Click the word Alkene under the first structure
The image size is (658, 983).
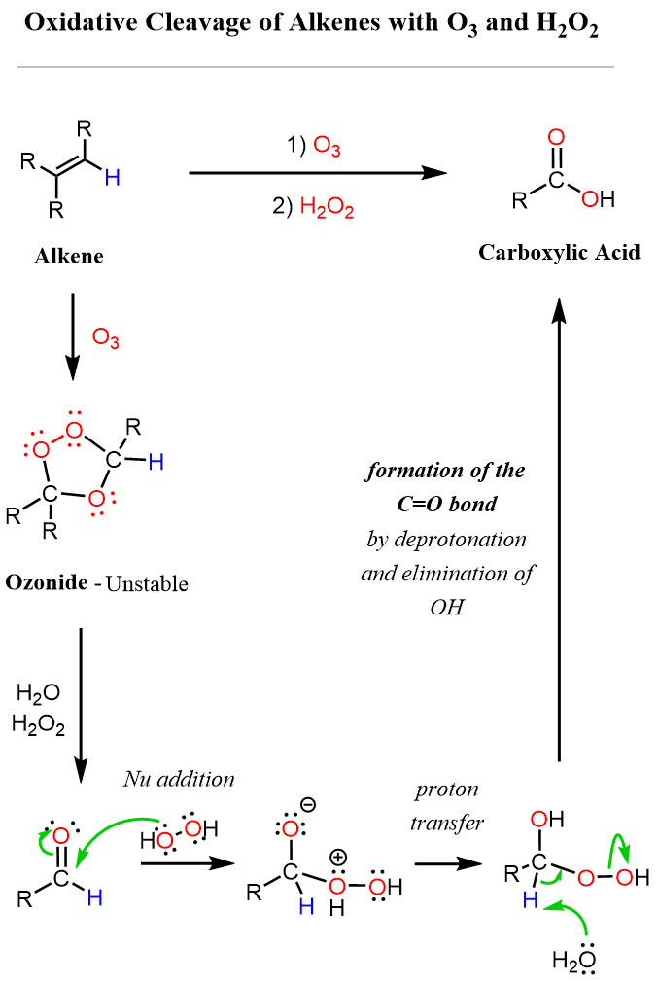click(69, 258)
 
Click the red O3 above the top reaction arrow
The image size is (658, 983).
click(327, 148)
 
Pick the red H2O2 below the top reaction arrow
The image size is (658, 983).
click(325, 206)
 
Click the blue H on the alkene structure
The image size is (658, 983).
click(114, 178)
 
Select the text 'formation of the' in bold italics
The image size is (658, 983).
click(446, 472)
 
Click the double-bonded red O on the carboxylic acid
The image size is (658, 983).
click(556, 137)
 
